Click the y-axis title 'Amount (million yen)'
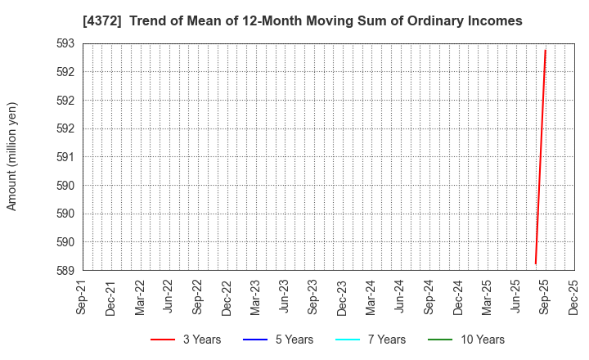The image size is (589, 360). point(12,156)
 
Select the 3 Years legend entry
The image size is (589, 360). point(186,340)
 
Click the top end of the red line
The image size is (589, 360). point(545,50)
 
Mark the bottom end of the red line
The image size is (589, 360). point(536,263)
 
